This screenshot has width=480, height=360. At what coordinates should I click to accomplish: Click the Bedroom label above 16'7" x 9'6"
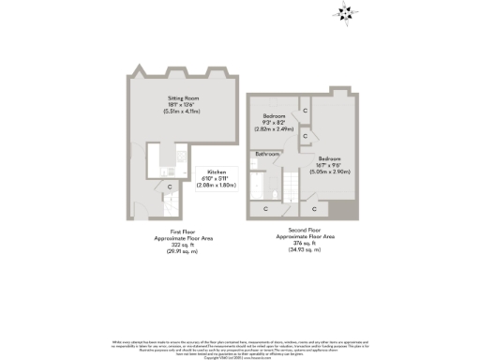(329, 158)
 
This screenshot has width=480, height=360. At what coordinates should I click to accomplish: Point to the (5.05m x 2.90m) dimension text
(329, 172)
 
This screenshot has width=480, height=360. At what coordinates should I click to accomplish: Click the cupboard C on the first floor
(170, 187)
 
